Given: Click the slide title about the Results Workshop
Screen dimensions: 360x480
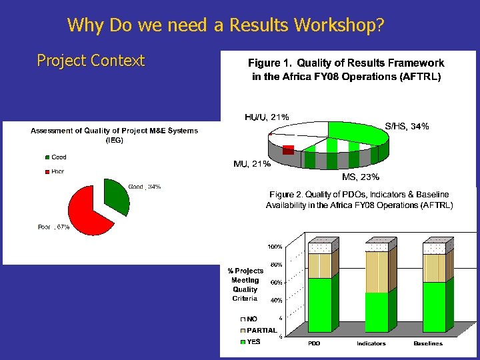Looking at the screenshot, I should [225, 25].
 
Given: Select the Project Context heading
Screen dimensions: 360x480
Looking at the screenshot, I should [91, 61].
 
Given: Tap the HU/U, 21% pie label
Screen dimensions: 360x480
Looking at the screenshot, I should [267, 117].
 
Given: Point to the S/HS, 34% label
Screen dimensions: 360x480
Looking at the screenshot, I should [407, 126].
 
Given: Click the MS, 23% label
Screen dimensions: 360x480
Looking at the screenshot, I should [360, 177].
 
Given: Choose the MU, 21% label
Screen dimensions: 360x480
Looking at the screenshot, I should [252, 163].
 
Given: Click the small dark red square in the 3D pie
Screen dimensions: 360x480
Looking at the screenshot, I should [288, 150].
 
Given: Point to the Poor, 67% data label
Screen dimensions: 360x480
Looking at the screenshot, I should [53, 227].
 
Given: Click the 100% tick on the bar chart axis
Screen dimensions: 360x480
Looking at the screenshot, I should [275, 247].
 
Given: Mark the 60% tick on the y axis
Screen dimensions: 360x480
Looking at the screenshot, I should [275, 283].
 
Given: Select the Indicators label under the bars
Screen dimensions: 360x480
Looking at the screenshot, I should [371, 344].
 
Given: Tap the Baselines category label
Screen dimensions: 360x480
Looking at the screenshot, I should [428, 344].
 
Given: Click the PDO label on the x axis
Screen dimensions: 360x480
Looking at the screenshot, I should [314, 344].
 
